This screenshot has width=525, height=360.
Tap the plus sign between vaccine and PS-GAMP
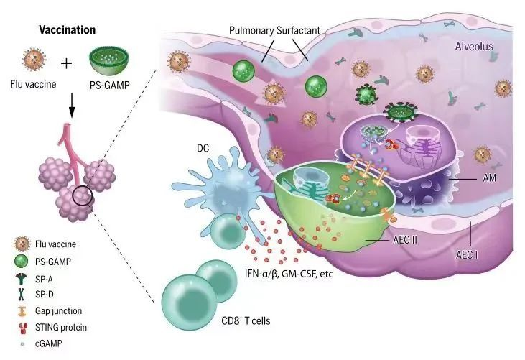coord(66,64)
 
